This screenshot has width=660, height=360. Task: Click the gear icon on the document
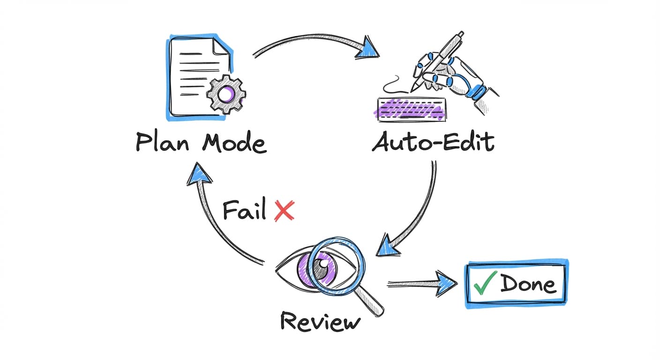pyautogui.click(x=226, y=94)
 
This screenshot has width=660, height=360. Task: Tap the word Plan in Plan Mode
pyautogui.click(x=162, y=142)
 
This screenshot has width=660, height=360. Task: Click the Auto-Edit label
pyautogui.click(x=433, y=142)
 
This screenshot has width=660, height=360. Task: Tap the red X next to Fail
pyautogui.click(x=284, y=210)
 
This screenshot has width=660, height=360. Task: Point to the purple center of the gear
pyautogui.click(x=226, y=94)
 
